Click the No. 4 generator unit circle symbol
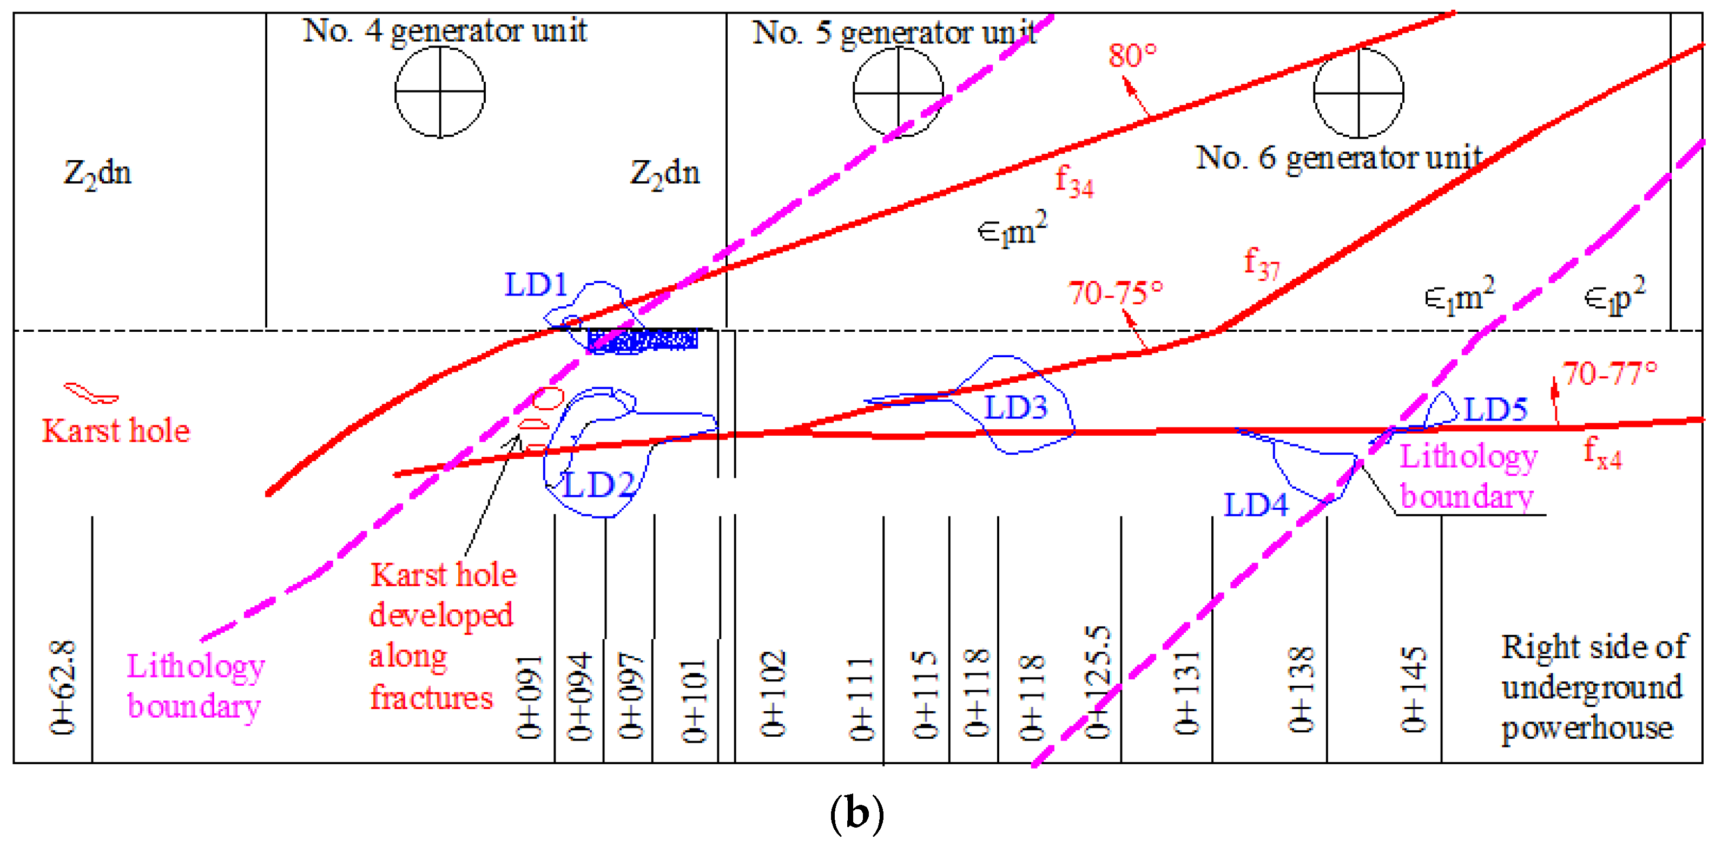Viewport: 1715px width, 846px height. click(440, 92)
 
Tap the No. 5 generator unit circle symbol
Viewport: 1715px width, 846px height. click(898, 92)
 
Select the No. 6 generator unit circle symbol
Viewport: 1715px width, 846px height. click(1358, 92)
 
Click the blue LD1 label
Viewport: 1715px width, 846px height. click(536, 285)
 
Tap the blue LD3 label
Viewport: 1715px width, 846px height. click(1015, 408)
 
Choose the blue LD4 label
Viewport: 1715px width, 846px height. click(1256, 506)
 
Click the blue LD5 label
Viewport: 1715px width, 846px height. click(1495, 410)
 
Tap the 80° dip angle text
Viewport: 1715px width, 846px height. click(1132, 56)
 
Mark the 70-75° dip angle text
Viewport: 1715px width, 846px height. click(1116, 293)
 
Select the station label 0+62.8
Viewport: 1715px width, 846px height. click(63, 687)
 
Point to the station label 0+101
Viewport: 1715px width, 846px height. click(693, 701)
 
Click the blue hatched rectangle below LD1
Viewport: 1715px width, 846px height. click(643, 340)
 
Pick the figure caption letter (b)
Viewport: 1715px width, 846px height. click(857, 814)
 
